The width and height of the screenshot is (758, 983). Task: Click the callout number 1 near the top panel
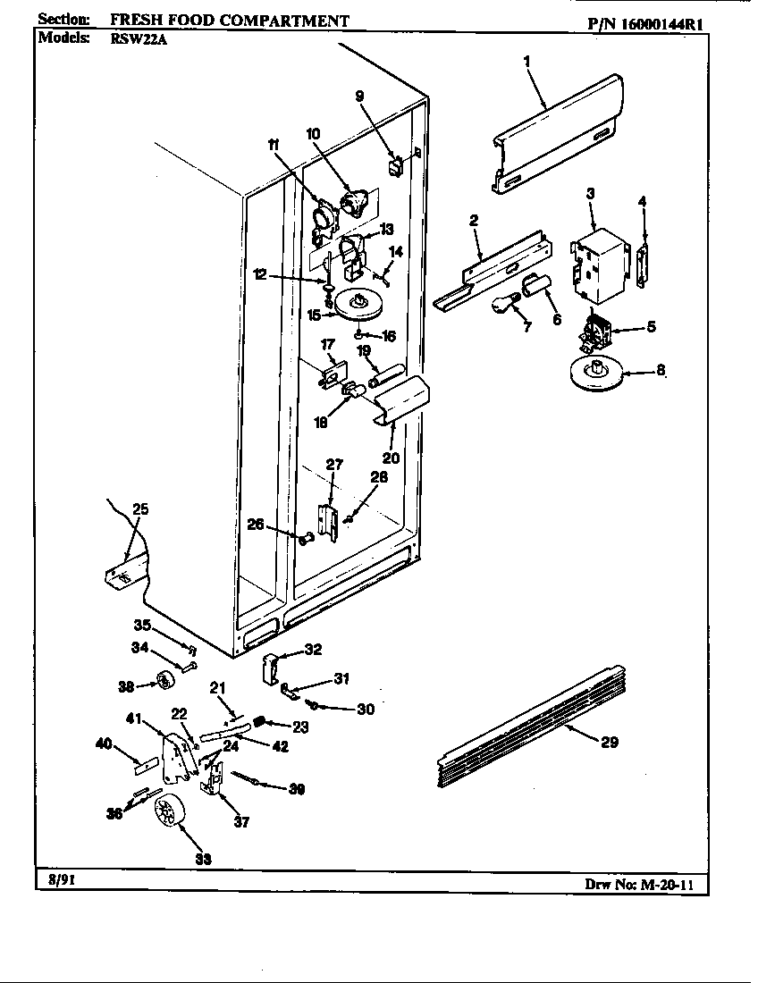click(x=526, y=62)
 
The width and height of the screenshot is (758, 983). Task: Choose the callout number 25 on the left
click(x=139, y=509)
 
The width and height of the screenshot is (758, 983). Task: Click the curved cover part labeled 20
click(x=400, y=400)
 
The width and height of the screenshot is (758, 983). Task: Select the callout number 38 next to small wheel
click(x=125, y=686)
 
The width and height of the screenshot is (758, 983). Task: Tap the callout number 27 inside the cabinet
click(x=334, y=464)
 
